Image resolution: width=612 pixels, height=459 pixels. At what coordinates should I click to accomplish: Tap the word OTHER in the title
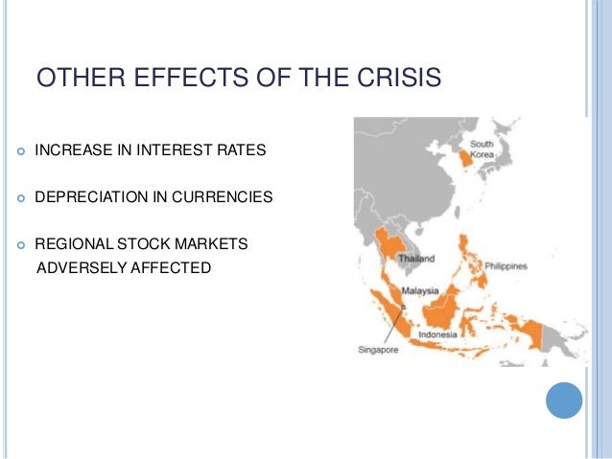pos(81,77)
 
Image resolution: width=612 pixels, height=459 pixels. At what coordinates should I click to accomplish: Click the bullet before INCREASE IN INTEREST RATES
pos(21,151)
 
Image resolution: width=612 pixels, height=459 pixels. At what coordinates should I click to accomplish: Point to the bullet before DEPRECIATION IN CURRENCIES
pos(21,198)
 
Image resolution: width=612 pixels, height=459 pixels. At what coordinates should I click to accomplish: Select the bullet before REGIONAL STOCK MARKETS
pos(21,245)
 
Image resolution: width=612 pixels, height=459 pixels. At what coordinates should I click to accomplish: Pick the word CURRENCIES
pos(223,197)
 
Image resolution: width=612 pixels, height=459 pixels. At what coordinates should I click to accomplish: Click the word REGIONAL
pos(74,243)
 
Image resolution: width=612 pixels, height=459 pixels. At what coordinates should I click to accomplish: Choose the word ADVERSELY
pos(82,267)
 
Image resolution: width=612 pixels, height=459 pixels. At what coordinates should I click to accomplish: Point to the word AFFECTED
pos(171,267)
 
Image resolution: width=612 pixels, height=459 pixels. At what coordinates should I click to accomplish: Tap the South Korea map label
pos(483,149)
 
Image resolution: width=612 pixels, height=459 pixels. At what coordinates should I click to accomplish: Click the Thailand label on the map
pos(416,259)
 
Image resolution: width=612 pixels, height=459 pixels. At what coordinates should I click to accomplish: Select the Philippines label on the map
pos(506,266)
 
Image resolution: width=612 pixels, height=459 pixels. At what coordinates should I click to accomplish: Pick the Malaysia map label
pos(420,291)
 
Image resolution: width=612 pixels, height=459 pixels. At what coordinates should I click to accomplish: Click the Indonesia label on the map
pos(437,334)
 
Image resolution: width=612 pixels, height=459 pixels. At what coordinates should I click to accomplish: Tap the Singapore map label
pos(378,350)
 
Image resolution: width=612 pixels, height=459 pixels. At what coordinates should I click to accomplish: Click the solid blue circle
pos(564,401)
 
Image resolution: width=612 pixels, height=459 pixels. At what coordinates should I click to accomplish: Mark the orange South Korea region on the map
pos(465,159)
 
